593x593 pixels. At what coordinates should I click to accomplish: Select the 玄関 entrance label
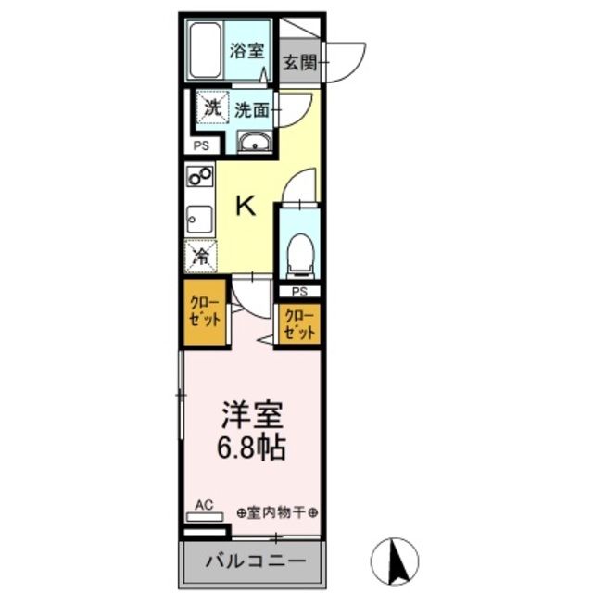(299, 63)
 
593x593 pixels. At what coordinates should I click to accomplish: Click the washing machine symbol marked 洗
(213, 109)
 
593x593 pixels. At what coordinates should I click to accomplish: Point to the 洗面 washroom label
(252, 109)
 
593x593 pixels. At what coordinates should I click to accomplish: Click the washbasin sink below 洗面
(253, 142)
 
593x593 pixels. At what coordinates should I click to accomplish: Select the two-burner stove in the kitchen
(200, 176)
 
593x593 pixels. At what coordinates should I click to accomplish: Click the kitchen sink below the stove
(200, 219)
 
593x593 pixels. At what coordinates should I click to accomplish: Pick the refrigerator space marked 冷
(200, 257)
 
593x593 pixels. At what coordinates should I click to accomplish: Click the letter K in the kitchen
(245, 205)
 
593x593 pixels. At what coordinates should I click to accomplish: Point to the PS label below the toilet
(300, 291)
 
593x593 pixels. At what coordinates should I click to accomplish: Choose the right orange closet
(300, 322)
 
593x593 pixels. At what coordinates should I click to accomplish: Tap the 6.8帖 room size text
(252, 449)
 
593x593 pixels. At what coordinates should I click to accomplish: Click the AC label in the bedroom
(205, 505)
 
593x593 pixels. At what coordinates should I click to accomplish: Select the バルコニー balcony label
(253, 561)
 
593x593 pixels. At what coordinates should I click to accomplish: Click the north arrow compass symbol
(395, 559)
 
